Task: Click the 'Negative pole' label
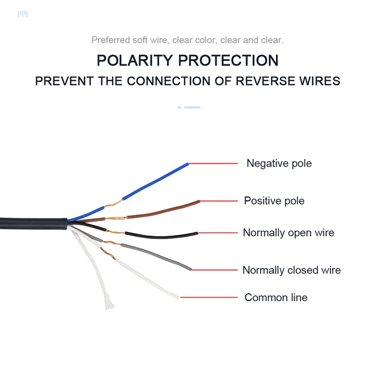tap(279, 163)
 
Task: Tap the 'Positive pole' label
tap(274, 201)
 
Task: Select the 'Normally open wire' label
tap(288, 233)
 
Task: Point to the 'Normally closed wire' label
tap(292, 270)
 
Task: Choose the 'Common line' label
tap(276, 298)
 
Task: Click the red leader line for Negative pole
tap(213, 163)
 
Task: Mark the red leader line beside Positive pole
tap(219, 201)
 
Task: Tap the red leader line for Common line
tap(209, 297)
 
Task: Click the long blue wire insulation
tap(155, 181)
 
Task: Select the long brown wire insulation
tap(163, 210)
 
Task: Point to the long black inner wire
tap(162, 236)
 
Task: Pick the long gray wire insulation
tap(156, 257)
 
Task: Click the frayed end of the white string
tap(110, 304)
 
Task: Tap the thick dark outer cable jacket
tap(33, 224)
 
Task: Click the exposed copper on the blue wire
tap(113, 204)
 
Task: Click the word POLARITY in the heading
tap(135, 60)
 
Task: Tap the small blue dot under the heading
tap(179, 108)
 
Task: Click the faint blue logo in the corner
tap(23, 14)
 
